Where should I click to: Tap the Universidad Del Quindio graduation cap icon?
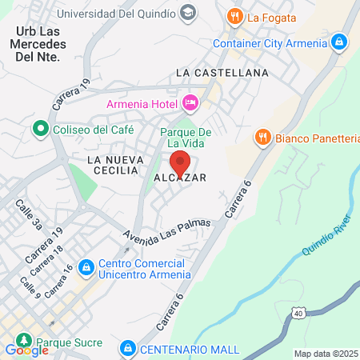click(x=187, y=13)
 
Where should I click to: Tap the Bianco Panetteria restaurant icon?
click(x=262, y=138)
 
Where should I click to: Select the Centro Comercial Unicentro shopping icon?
click(x=87, y=266)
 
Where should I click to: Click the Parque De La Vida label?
click(x=186, y=138)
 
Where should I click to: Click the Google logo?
click(x=26, y=350)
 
